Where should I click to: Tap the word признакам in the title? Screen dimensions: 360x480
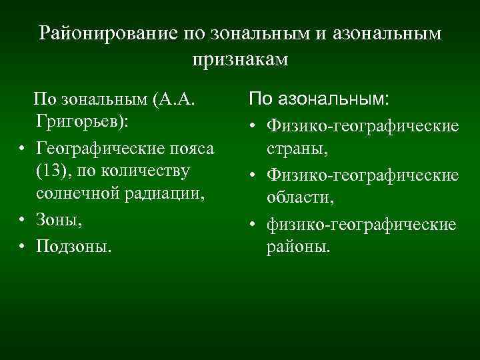pos(240,59)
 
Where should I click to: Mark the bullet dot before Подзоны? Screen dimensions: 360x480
pos(23,247)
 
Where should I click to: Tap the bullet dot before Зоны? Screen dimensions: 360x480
pos(23,219)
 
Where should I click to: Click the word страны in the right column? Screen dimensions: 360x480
pos(297,149)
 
